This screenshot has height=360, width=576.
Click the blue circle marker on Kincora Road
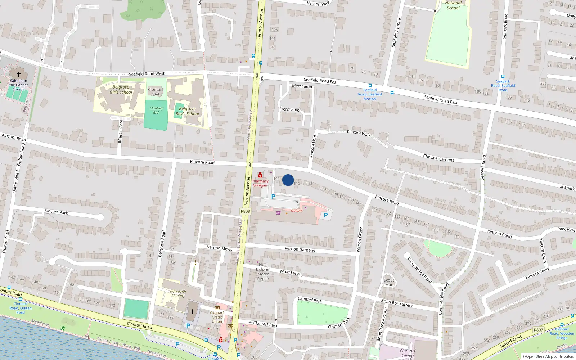coord(288,180)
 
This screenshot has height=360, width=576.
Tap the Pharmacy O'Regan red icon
coord(260,175)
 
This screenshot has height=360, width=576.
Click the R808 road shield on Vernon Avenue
coord(245,211)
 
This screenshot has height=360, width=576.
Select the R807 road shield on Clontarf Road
coord(538,330)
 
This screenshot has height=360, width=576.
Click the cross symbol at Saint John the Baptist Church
coord(19,75)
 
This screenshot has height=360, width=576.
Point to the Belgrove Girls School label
coord(121,90)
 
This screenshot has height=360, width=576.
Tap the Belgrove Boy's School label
coord(187,111)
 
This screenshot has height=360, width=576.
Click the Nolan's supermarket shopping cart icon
coord(278,213)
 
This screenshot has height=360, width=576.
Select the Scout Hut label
coord(389,282)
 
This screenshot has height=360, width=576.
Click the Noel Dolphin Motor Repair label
coord(263,272)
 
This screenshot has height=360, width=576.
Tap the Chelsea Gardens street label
coord(438,158)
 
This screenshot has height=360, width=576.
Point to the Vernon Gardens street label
coord(300,249)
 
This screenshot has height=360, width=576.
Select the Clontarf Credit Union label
coord(217,317)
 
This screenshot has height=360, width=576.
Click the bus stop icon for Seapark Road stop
coord(503,77)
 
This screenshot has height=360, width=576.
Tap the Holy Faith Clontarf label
coord(178,293)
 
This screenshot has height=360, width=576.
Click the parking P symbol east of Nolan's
coord(326,215)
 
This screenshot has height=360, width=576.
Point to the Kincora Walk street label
coord(359,133)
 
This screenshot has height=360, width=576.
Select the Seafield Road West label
coord(147,74)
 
